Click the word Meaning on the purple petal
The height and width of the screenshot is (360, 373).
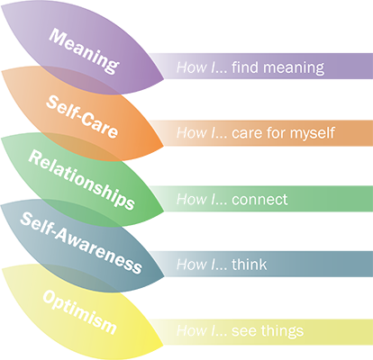[x=84, y=50]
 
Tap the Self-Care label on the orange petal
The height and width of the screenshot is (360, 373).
[x=82, y=117]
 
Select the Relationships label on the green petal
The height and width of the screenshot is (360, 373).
[x=81, y=180]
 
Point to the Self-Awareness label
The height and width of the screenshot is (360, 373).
[x=81, y=243]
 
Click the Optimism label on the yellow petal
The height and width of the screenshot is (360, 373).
[x=79, y=312]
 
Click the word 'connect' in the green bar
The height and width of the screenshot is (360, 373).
[x=259, y=200]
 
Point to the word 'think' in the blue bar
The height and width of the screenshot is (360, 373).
[x=250, y=265]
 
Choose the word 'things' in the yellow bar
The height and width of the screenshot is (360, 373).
[x=282, y=331]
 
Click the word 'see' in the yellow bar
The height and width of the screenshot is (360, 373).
[x=244, y=332]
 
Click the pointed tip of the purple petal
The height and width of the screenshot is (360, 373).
[x=164, y=79]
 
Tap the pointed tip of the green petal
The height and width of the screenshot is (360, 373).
[x=164, y=211]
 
